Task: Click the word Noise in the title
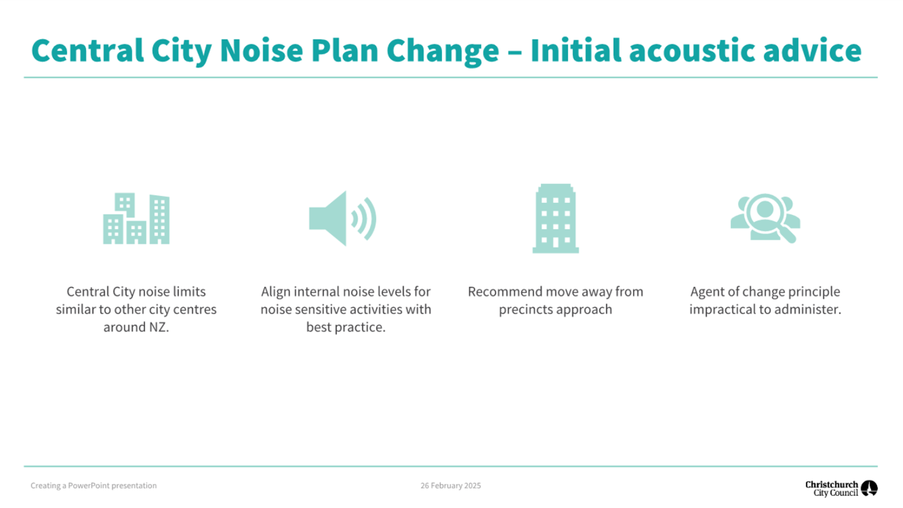[261, 50]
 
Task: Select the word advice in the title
[812, 50]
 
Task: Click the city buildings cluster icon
[136, 218]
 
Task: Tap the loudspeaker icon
[342, 218]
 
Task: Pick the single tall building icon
[555, 218]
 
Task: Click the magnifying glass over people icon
[765, 218]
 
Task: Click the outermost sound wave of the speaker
[371, 218]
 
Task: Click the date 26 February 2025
[451, 485]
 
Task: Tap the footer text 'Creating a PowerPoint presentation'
[94, 485]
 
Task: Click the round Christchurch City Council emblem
[869, 488]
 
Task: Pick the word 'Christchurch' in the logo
[832, 485]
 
